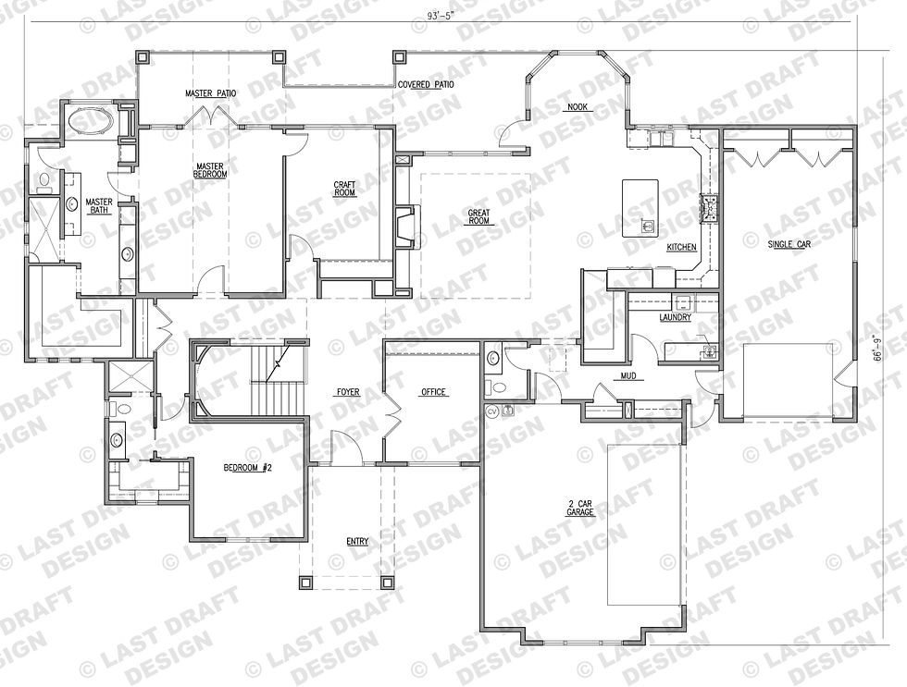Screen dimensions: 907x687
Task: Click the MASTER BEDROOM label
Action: (210, 170)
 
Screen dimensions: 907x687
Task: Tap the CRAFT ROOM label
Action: (344, 189)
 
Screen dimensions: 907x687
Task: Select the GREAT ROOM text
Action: (479, 216)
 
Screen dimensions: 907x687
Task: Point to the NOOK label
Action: (577, 107)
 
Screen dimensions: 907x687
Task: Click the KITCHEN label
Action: (681, 247)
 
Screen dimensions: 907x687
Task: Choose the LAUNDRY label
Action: (675, 317)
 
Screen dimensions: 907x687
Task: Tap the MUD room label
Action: (628, 376)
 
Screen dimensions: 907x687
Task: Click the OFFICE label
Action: (433, 392)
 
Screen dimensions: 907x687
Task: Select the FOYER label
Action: (348, 392)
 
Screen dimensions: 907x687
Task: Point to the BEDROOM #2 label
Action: (248, 468)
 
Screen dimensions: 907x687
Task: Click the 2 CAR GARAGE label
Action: (580, 508)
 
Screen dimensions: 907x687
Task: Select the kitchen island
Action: (640, 208)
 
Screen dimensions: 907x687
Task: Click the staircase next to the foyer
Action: (277, 380)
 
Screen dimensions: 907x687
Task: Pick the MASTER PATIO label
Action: (211, 93)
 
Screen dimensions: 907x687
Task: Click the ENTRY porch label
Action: (357, 542)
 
